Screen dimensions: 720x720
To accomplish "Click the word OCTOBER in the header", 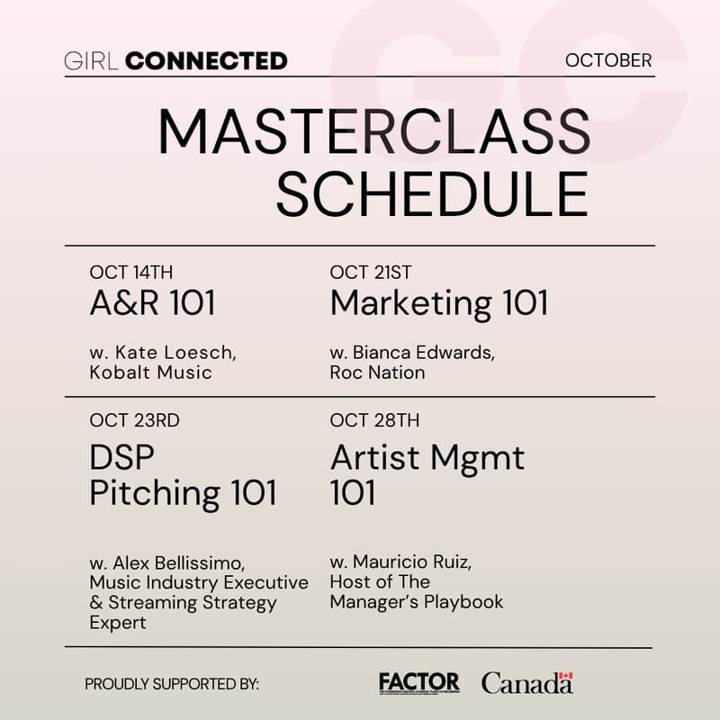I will coord(608,61).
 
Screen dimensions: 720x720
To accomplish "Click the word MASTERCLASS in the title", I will coord(374,131).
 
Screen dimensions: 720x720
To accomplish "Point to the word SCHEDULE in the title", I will coord(432,193).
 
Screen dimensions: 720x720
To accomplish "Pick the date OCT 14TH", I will coord(131,273).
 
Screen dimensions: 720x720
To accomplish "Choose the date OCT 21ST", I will coord(371,273).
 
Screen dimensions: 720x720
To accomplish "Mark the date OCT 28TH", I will coord(374,420).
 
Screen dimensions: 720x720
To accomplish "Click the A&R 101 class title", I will coord(153,304).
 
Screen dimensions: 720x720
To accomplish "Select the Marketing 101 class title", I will coord(439,304).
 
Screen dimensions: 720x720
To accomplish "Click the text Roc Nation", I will coord(377,373).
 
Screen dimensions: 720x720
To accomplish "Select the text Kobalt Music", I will coord(151,373).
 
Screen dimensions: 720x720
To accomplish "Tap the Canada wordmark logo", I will coord(527,683).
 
